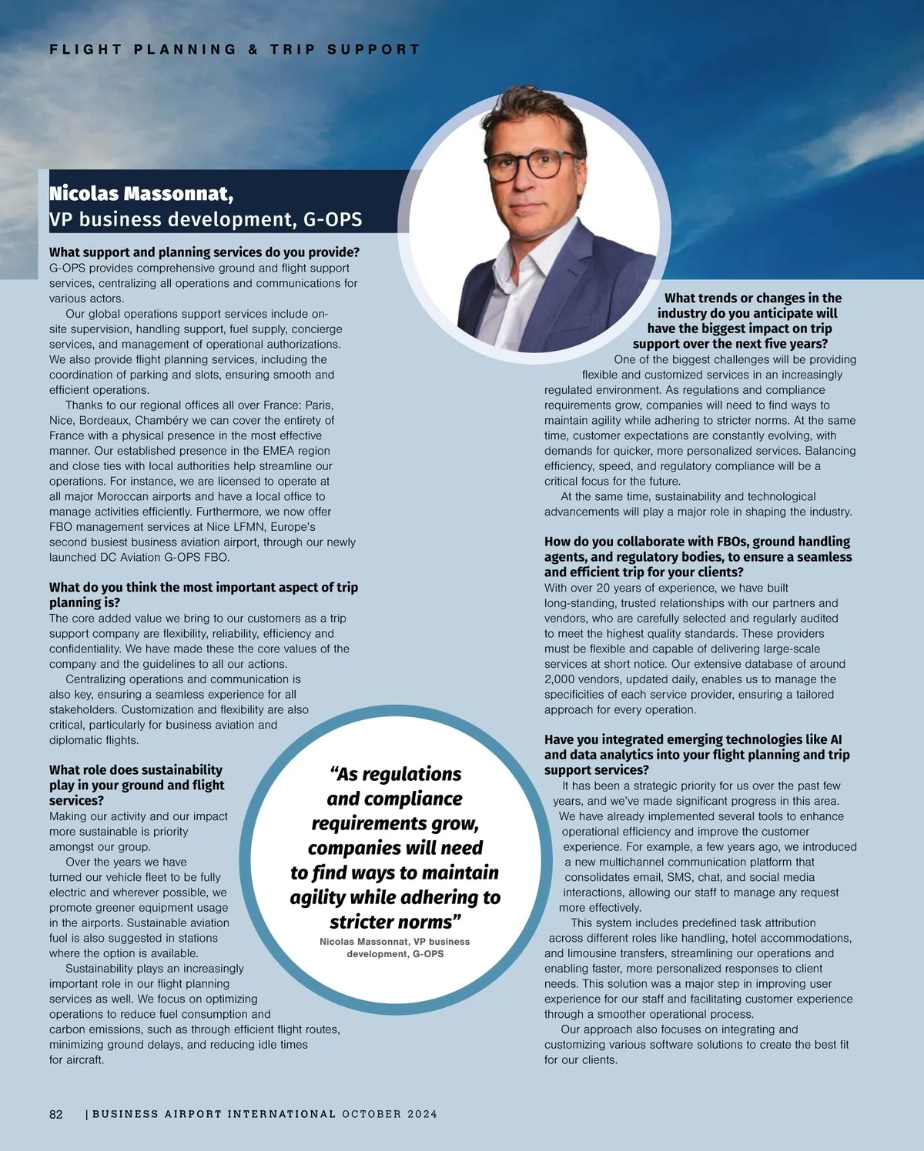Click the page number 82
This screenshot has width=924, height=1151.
pos(56,1114)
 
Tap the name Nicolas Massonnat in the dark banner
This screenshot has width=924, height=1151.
pos(141,193)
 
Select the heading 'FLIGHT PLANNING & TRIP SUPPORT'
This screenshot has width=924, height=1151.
pos(234,49)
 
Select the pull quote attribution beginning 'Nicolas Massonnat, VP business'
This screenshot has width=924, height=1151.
pos(394,947)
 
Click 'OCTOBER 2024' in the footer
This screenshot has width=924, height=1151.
pos(390,1114)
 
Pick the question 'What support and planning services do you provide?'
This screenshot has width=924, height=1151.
pos(204,252)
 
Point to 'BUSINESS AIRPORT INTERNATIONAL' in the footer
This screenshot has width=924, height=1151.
pos(213,1114)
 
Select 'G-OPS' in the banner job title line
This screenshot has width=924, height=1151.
pos(332,219)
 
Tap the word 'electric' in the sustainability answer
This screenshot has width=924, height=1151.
pos(68,892)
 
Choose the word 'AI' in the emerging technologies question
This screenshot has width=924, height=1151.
pos(835,739)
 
